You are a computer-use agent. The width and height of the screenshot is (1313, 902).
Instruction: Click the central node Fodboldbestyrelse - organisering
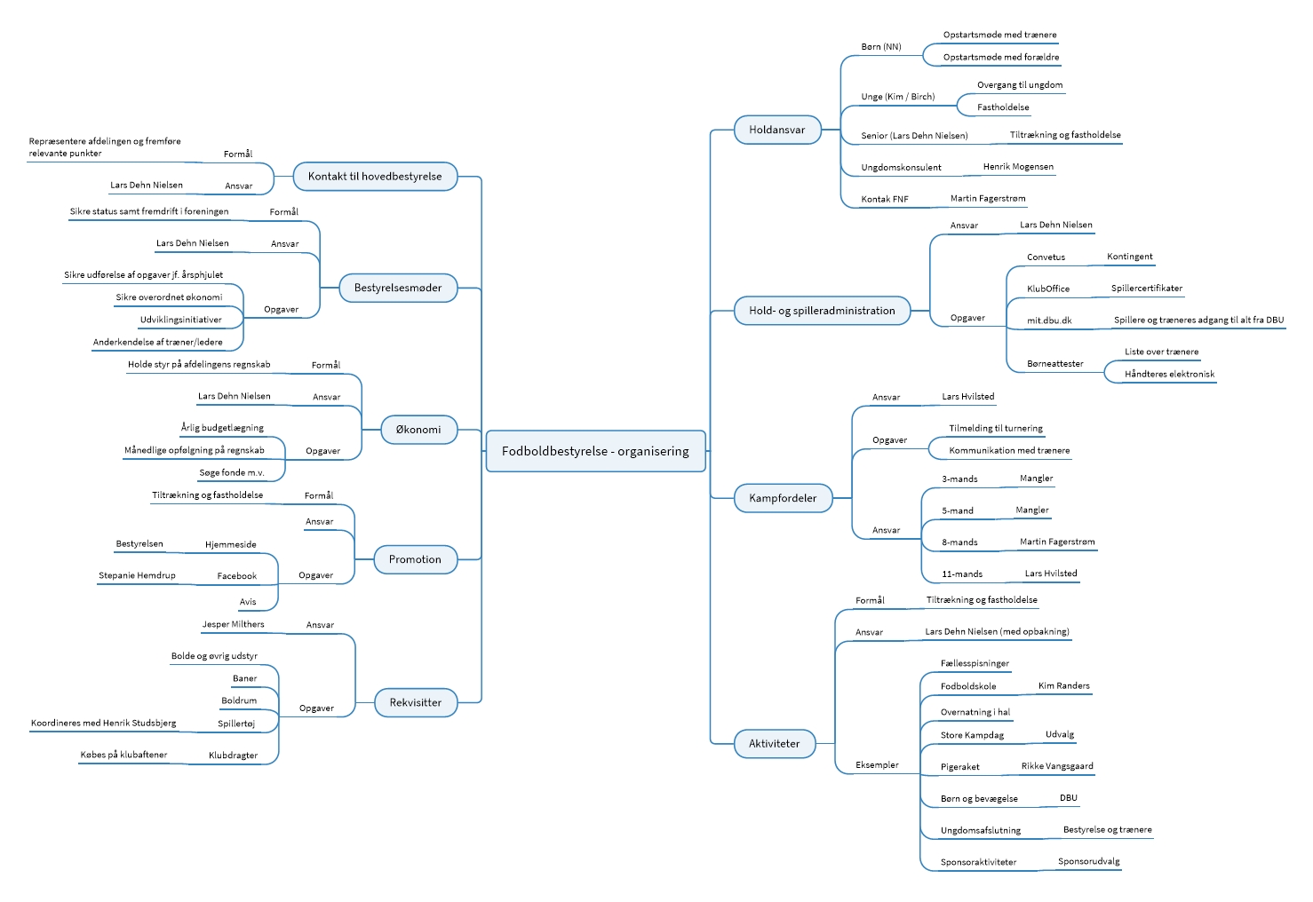tap(595, 451)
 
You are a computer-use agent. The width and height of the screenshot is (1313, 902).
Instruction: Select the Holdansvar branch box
tap(776, 130)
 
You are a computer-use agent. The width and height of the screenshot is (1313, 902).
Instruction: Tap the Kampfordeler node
tap(783, 498)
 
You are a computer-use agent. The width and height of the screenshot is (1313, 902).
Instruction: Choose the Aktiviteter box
tap(775, 744)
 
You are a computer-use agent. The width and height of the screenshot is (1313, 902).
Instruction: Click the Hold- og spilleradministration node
tap(822, 311)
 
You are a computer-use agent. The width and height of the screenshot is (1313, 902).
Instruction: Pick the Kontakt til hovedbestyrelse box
tap(375, 177)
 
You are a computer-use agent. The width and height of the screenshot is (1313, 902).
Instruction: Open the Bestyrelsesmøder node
tap(398, 288)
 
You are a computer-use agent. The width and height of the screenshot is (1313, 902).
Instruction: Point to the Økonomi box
tap(418, 430)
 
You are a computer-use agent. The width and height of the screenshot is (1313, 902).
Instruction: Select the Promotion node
tap(415, 559)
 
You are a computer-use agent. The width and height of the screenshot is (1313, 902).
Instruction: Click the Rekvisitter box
tap(416, 702)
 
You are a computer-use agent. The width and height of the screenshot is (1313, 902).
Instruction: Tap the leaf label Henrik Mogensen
tap(1018, 167)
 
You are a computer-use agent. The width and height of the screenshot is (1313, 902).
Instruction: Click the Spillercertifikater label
tap(1146, 289)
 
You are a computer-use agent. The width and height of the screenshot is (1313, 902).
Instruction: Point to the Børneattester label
tap(1054, 364)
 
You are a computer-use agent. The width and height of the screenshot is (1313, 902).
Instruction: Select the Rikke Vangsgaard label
tap(1057, 766)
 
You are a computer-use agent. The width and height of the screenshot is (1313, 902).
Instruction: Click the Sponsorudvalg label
tap(1088, 861)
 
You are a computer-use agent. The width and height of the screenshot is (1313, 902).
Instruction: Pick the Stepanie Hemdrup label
tap(137, 575)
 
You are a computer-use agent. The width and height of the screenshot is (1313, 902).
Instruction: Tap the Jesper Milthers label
tap(233, 624)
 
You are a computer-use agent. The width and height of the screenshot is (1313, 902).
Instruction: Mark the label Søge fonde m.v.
tap(232, 472)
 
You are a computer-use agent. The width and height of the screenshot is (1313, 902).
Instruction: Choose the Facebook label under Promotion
tap(236, 576)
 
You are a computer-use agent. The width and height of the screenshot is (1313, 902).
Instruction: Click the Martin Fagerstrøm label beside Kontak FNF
tap(988, 199)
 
